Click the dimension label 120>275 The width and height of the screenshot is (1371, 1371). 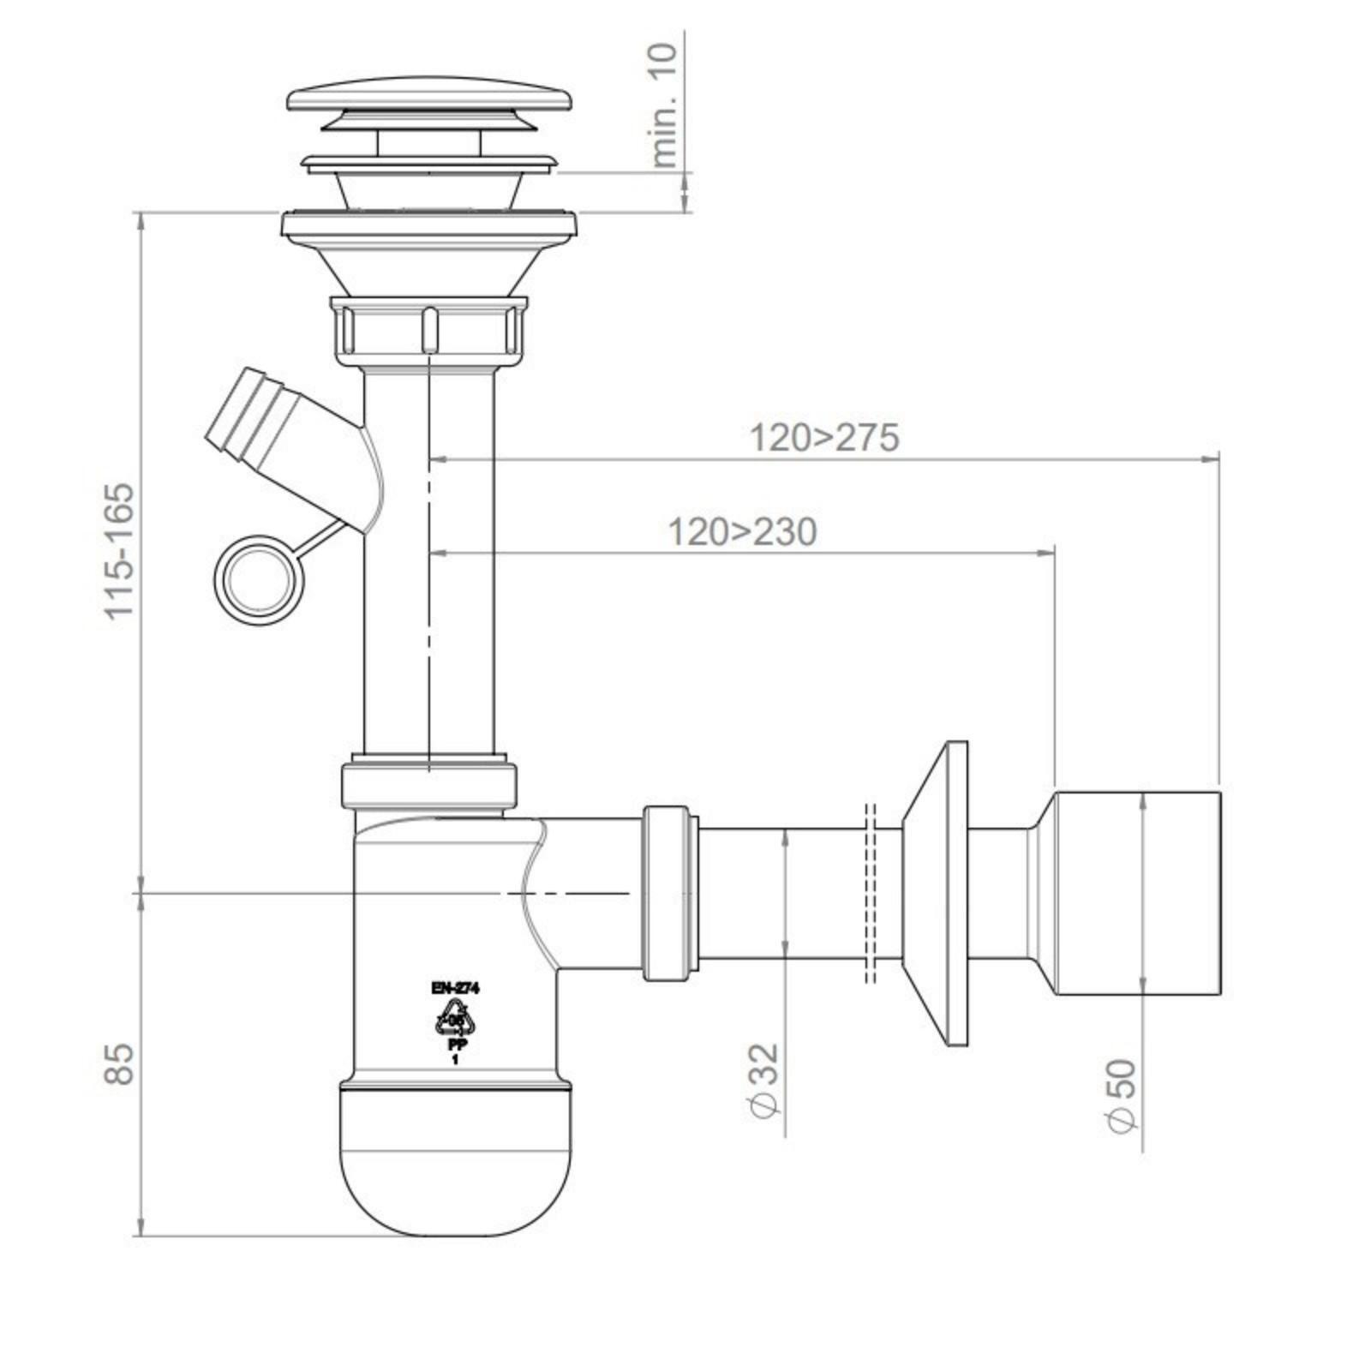824,438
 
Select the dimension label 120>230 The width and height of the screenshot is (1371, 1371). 742,532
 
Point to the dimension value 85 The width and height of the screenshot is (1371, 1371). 120,1063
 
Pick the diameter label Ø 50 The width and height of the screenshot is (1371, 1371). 1122,1096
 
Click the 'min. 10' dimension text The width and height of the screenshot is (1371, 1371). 664,104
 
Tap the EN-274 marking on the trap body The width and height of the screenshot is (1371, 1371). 455,988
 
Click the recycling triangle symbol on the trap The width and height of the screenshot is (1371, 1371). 456,1020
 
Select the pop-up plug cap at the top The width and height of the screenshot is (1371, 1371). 428,99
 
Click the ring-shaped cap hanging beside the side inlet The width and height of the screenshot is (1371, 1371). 258,580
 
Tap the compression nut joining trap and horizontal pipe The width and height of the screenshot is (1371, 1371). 670,893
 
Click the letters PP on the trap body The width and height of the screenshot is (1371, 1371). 456,1045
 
